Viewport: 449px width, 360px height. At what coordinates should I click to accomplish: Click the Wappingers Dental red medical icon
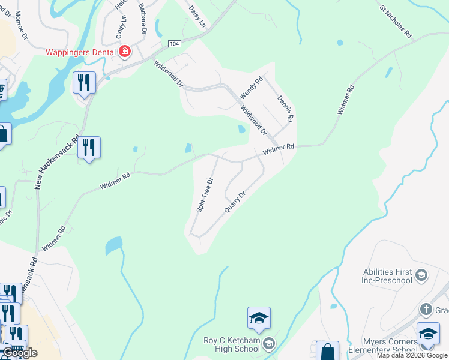[x=125, y=52]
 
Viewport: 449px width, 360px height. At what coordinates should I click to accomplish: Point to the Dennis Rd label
[x=285, y=109]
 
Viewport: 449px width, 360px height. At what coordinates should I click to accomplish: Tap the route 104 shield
[x=174, y=44]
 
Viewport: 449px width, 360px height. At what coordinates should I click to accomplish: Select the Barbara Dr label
[x=143, y=17]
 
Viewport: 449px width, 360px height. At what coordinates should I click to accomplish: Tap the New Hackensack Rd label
[x=58, y=161]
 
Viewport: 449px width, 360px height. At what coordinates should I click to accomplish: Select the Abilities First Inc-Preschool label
[x=387, y=276]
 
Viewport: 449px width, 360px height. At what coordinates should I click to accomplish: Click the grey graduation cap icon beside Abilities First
[x=421, y=275]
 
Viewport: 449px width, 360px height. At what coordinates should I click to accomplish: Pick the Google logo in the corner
[x=19, y=353]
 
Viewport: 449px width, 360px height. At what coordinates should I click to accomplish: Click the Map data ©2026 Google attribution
[x=412, y=355]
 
